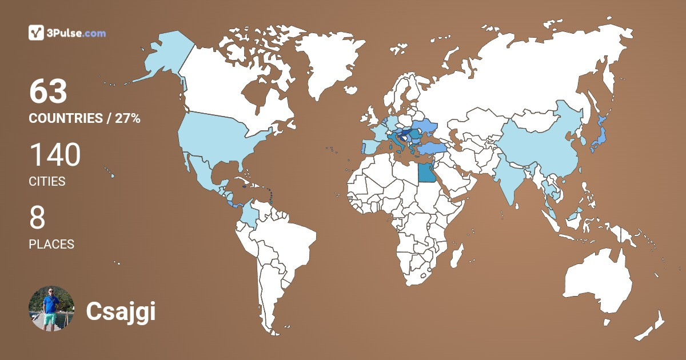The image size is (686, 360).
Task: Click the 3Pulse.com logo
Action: [67, 33]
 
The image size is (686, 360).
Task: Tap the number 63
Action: [49, 91]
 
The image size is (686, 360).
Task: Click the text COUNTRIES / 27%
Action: [85, 119]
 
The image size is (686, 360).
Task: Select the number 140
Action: [55, 155]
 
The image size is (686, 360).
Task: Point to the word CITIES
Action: [47, 182]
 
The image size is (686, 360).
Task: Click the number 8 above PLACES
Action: [37, 218]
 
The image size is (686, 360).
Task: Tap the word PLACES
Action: [51, 245]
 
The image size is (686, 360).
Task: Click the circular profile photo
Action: [51, 309]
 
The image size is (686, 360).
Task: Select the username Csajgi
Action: [121, 311]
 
